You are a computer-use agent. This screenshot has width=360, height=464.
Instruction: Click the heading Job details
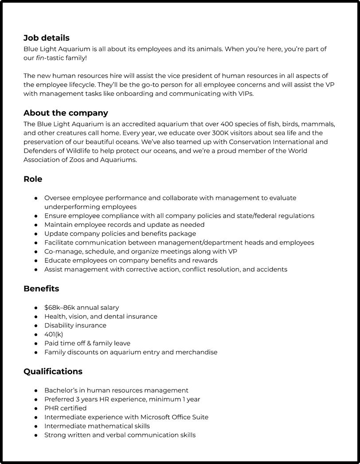click(x=46, y=38)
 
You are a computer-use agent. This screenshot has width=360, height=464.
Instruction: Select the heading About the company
click(x=66, y=113)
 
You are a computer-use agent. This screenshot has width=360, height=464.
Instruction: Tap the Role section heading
click(x=33, y=179)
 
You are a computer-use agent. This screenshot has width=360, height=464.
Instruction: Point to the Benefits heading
click(x=41, y=289)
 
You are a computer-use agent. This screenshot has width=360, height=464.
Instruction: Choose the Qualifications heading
click(x=53, y=371)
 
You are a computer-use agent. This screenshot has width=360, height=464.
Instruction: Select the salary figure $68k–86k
click(x=59, y=308)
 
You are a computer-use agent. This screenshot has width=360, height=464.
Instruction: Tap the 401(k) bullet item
click(x=54, y=334)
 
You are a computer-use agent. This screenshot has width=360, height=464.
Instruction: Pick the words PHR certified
click(x=65, y=408)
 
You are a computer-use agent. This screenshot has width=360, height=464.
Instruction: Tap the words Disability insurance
click(x=75, y=325)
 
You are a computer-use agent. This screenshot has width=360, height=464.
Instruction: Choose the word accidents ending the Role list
click(x=271, y=269)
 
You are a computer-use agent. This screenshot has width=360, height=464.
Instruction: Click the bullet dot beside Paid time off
click(x=35, y=343)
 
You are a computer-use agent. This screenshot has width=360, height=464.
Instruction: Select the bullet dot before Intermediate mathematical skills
click(x=35, y=426)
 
